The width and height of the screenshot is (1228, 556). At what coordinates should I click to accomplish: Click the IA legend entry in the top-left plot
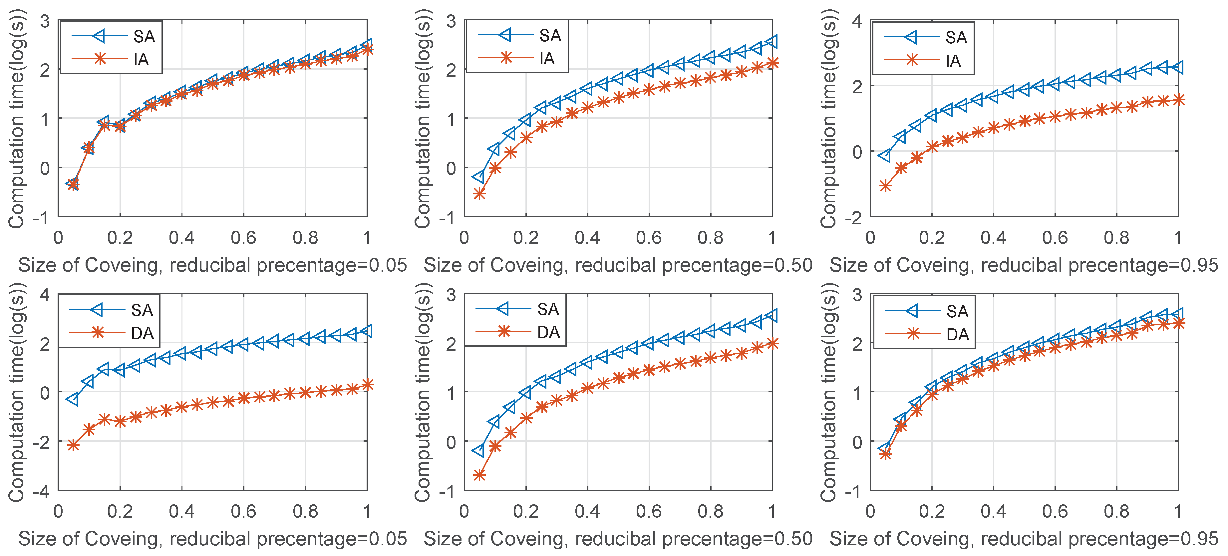pyautogui.click(x=141, y=60)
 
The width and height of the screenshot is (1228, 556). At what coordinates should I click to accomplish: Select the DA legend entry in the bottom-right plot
pyautogui.click(x=957, y=335)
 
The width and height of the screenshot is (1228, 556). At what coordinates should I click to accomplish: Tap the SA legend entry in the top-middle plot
pyautogui.click(x=550, y=36)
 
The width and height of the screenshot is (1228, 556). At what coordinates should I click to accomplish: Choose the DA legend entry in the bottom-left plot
pyautogui.click(x=142, y=333)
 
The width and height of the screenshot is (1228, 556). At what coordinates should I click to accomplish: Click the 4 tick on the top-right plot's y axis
pyautogui.click(x=857, y=21)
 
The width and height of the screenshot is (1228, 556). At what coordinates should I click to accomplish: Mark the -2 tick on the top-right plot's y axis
pyautogui.click(x=853, y=218)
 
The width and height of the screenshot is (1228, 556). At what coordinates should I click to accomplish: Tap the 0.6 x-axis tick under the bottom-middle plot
pyautogui.click(x=649, y=512)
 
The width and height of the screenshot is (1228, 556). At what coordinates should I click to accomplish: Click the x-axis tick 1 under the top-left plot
pyautogui.click(x=367, y=238)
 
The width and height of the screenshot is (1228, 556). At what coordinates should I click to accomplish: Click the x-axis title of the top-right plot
pyautogui.click(x=1024, y=265)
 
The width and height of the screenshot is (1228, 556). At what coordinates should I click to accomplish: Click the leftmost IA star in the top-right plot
pyautogui.click(x=885, y=186)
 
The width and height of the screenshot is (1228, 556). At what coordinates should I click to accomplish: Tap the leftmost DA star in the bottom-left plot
pyautogui.click(x=73, y=445)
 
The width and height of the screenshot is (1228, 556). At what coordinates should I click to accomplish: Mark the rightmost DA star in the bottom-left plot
pyautogui.click(x=367, y=385)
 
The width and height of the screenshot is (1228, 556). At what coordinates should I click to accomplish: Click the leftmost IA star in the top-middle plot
pyautogui.click(x=479, y=194)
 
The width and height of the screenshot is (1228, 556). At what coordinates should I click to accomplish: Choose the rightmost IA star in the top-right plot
pyautogui.click(x=1178, y=100)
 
